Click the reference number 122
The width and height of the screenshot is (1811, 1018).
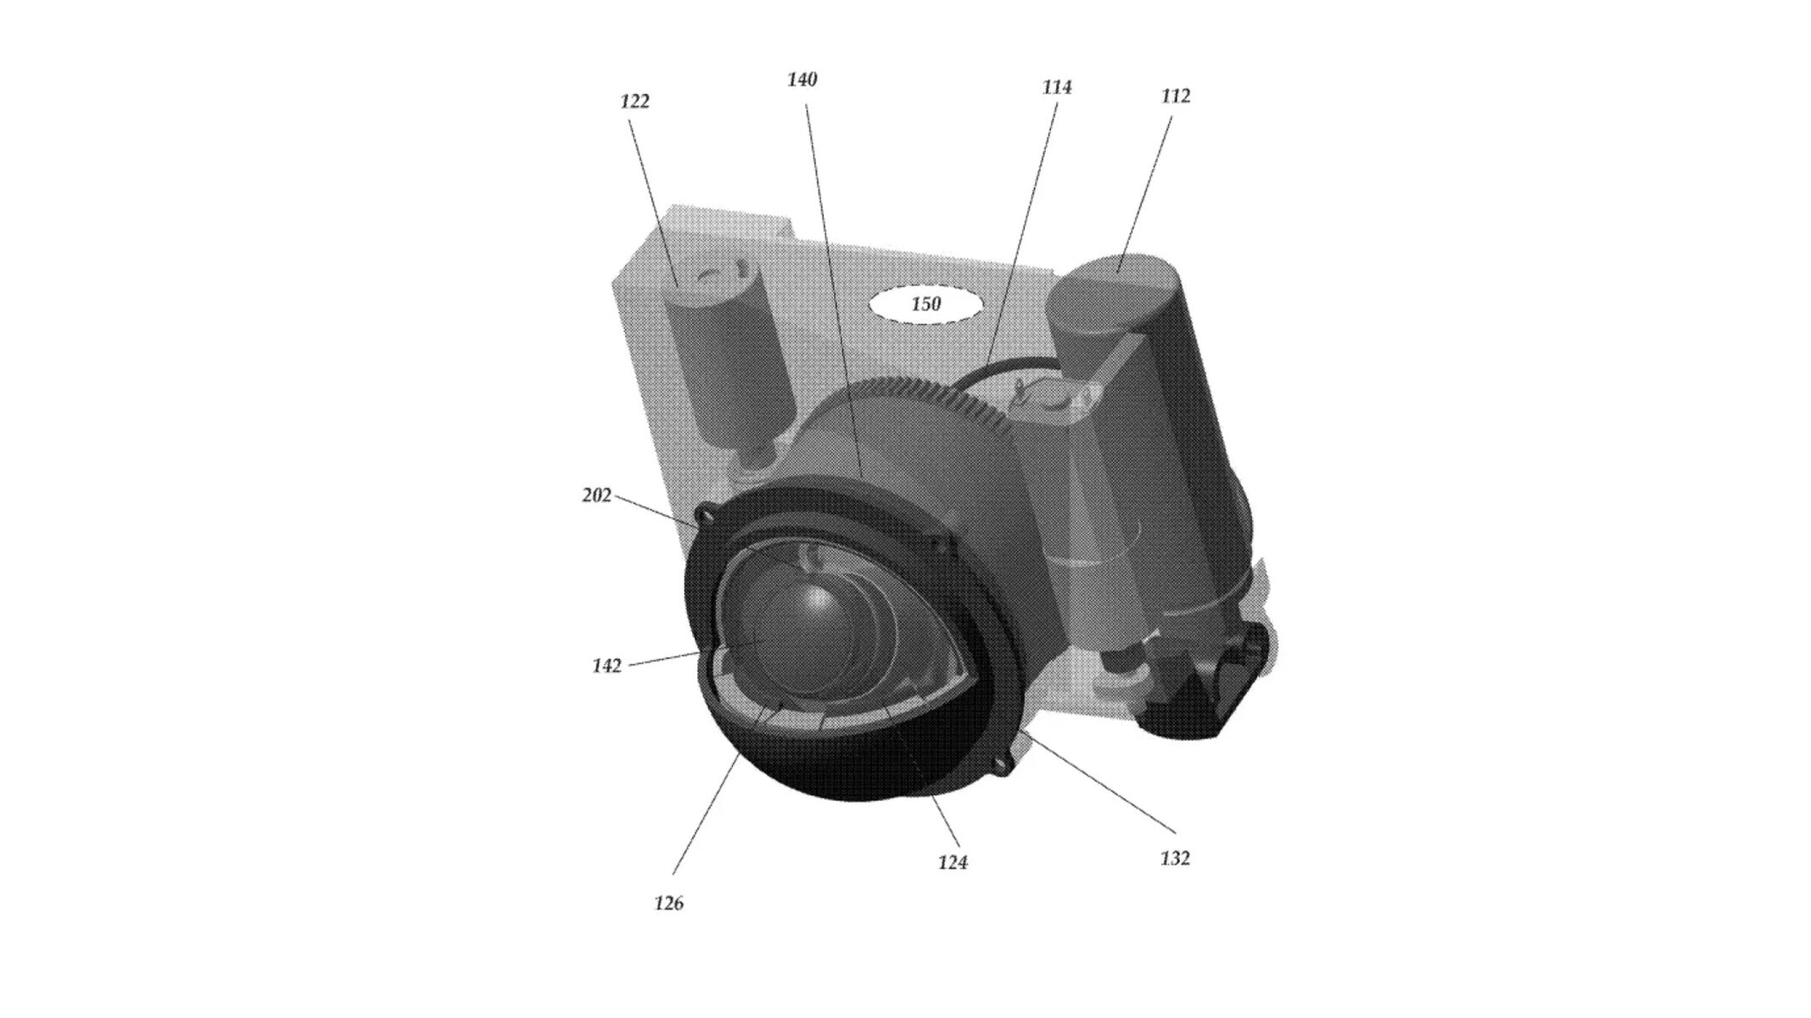(634, 102)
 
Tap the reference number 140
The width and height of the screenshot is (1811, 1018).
(802, 80)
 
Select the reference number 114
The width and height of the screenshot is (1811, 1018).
(1057, 87)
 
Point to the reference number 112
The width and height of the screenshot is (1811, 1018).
(1176, 97)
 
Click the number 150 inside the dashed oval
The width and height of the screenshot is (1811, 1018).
(925, 304)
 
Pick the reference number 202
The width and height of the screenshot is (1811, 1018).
(596, 495)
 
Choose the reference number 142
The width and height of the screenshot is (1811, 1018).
(606, 667)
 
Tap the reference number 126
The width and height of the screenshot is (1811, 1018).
(668, 903)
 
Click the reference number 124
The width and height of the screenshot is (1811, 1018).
(953, 863)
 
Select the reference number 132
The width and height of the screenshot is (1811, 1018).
(1175, 859)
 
